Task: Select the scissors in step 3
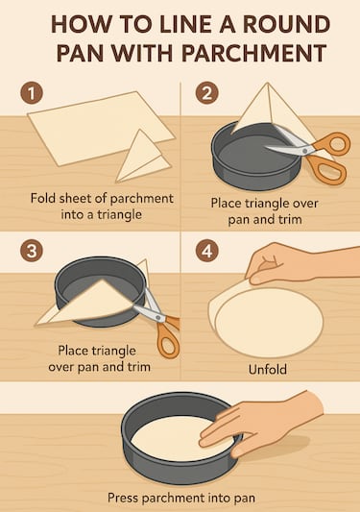158,321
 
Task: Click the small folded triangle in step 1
142,158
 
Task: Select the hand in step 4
288,261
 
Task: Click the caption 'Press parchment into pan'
180,498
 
